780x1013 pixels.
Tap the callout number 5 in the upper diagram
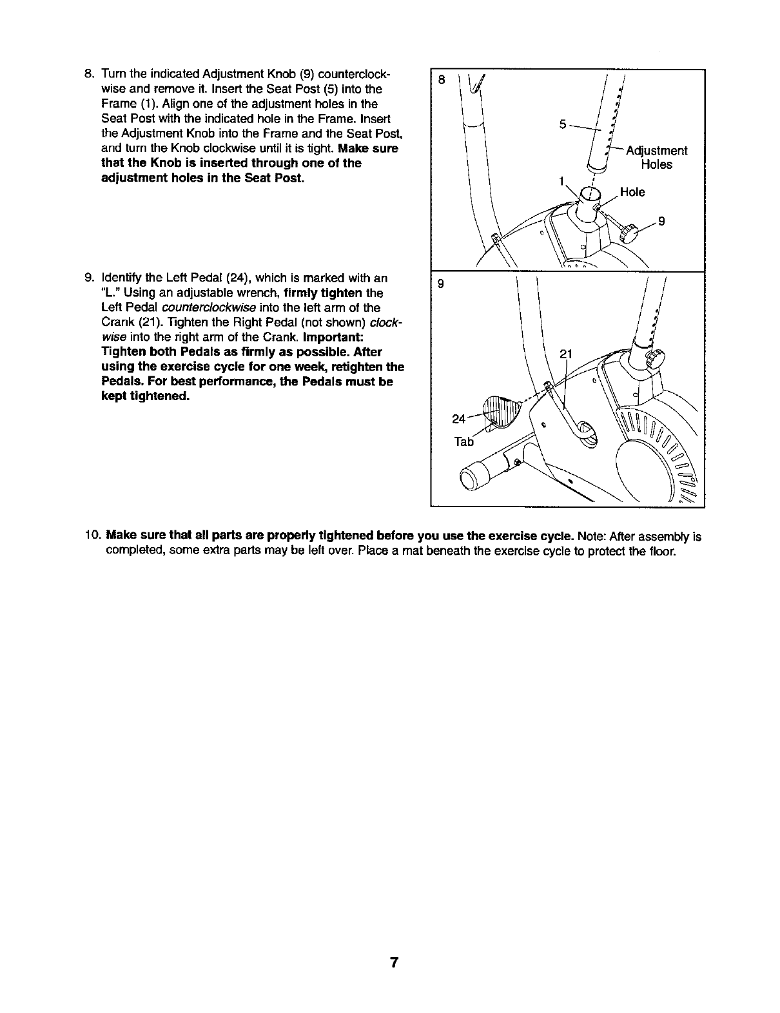point(563,124)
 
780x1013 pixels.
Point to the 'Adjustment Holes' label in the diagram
point(656,157)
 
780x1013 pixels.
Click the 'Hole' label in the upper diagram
point(632,192)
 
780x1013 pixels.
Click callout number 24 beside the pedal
point(459,419)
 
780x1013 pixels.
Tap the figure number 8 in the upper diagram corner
point(441,80)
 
